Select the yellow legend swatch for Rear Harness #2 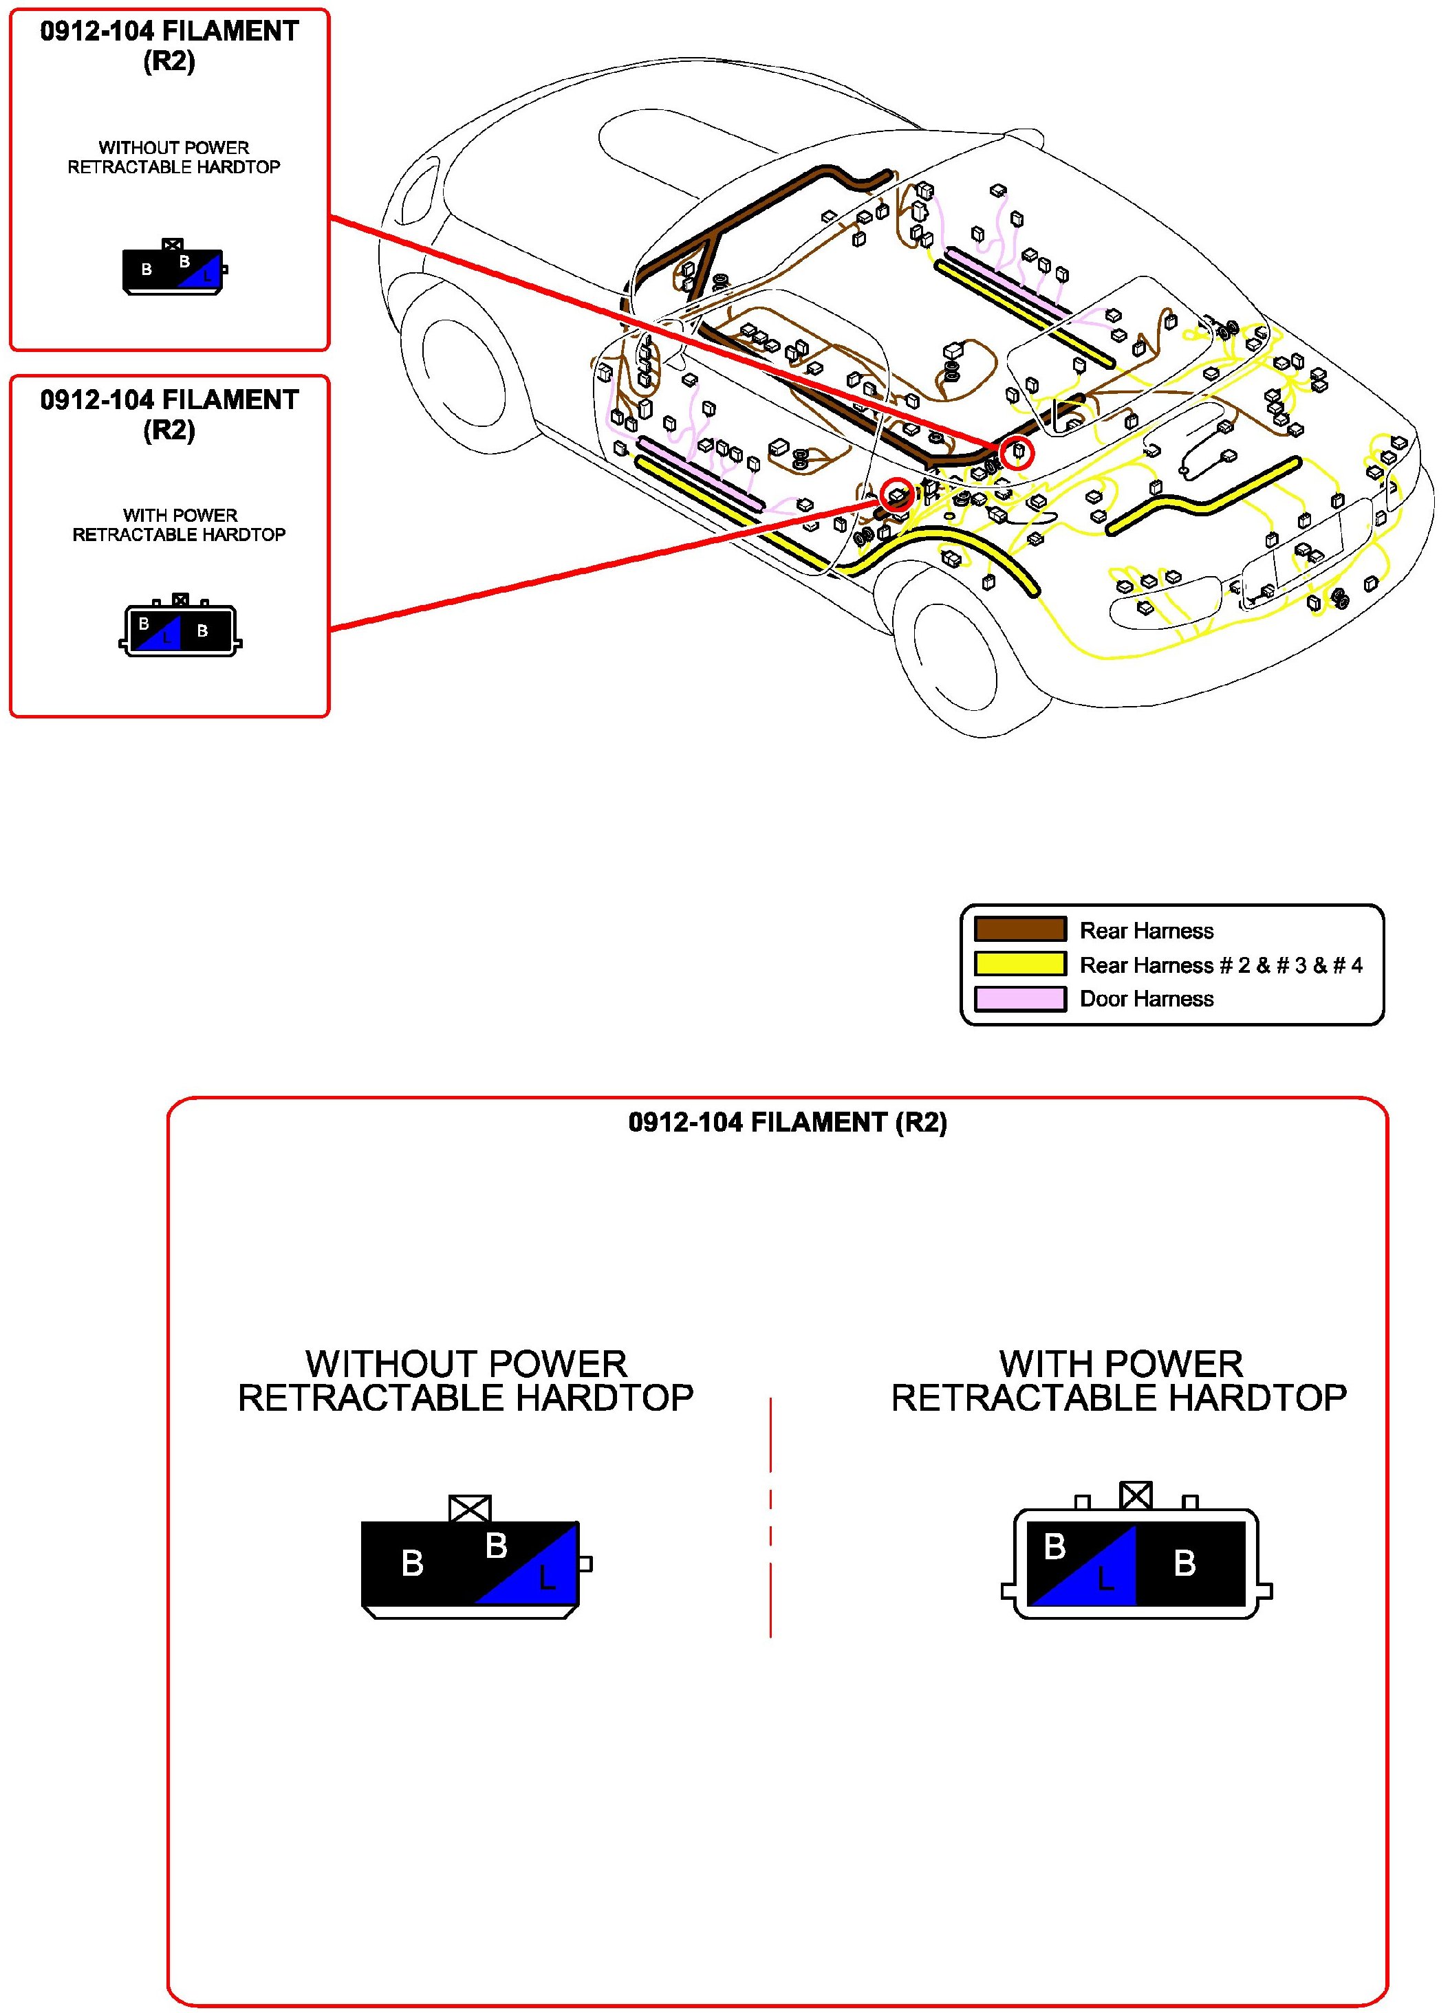pos(1019,963)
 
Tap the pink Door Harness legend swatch pos(1019,998)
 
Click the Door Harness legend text pos(1145,998)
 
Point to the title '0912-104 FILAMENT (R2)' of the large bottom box pos(787,1123)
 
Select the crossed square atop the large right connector pos(1136,1495)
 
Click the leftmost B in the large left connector pos(412,1564)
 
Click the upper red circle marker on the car pos(1017,452)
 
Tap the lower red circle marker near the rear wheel pos(897,494)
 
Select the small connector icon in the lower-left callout pos(180,628)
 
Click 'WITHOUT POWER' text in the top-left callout pos(173,147)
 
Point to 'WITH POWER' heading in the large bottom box pos(1120,1363)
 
